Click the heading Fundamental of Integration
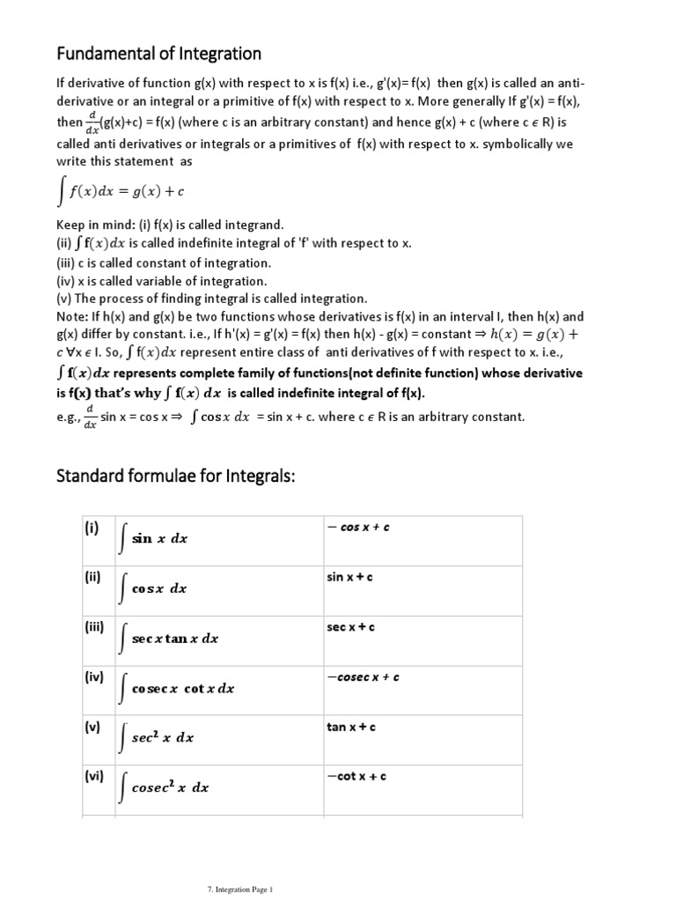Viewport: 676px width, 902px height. click(159, 54)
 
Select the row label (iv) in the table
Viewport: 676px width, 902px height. click(94, 677)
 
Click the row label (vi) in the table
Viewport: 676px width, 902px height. click(94, 777)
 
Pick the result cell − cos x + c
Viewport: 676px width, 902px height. click(358, 527)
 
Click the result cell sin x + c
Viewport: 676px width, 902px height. click(349, 577)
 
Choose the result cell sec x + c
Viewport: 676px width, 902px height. click(351, 627)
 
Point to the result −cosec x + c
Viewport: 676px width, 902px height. click(363, 677)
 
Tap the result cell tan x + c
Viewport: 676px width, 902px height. click(351, 727)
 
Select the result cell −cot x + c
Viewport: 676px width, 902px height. click(356, 777)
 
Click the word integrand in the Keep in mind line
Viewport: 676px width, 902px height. click(250, 225)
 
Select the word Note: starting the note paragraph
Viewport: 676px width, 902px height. click(73, 316)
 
